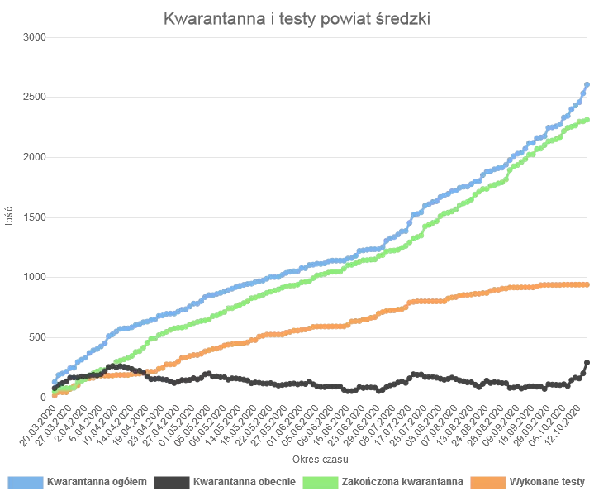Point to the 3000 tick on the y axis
click(35, 37)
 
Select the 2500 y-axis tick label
click(35, 98)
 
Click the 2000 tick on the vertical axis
click(35, 157)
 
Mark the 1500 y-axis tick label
click(35, 217)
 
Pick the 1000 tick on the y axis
click(35, 278)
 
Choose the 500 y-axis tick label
click(37, 337)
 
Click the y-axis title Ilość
click(9, 217)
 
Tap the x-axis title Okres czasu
click(318, 458)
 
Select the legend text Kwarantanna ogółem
click(97, 480)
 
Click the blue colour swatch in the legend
click(26, 480)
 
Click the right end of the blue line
click(587, 83)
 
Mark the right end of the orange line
click(587, 284)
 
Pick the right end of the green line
click(587, 120)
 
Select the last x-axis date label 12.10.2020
click(569, 422)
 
